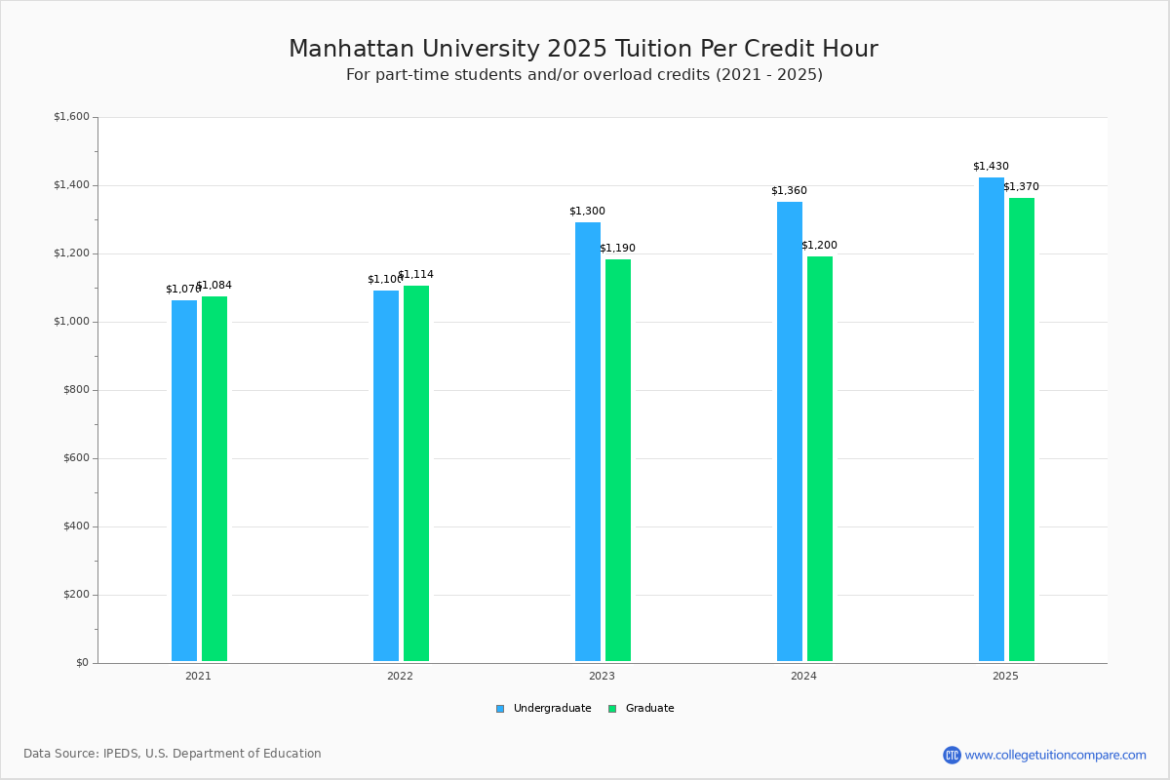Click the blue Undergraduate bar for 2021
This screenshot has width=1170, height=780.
pyautogui.click(x=184, y=481)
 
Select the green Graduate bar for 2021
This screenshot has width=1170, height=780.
pyautogui.click(x=214, y=479)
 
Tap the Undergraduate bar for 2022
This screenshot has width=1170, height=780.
pyautogui.click(x=386, y=476)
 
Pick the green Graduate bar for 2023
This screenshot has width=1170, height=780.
pyautogui.click(x=618, y=460)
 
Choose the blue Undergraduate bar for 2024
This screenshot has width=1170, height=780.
pyautogui.click(x=790, y=432)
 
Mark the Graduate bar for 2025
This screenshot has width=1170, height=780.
pyautogui.click(x=1022, y=430)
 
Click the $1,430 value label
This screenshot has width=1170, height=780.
pyautogui.click(x=991, y=167)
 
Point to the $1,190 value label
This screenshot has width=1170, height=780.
pyautogui.click(x=617, y=249)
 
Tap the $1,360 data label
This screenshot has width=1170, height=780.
pyautogui.click(x=789, y=191)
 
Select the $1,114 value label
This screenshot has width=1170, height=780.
pyautogui.click(x=415, y=275)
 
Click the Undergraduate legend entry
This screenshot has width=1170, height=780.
pyautogui.click(x=543, y=709)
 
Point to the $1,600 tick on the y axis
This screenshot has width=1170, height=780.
pyautogui.click(x=71, y=117)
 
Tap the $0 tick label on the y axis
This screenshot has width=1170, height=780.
pyautogui.click(x=82, y=663)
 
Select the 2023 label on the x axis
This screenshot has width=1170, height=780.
pyautogui.click(x=602, y=676)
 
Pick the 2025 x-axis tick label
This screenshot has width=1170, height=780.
pyautogui.click(x=1005, y=676)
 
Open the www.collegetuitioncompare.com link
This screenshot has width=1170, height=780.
pyautogui.click(x=1055, y=755)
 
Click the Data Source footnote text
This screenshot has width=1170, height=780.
pyautogui.click(x=173, y=754)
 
